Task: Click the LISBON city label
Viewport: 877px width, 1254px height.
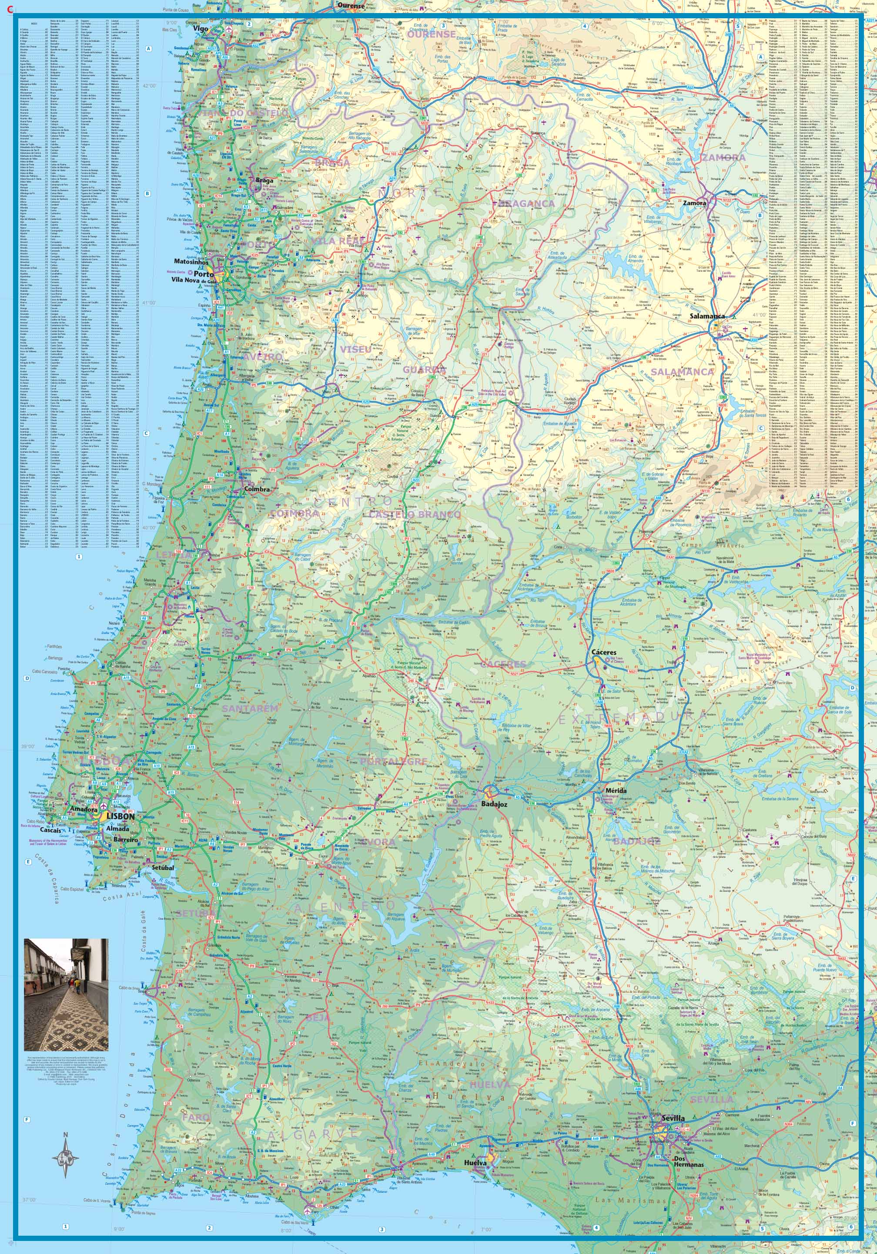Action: point(121,816)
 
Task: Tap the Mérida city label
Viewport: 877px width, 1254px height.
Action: point(616,790)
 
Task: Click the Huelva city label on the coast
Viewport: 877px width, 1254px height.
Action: point(475,1159)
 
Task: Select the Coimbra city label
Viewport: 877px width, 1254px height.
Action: point(257,489)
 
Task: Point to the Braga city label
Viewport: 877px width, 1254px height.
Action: point(264,180)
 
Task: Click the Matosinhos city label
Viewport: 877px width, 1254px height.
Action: point(191,262)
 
